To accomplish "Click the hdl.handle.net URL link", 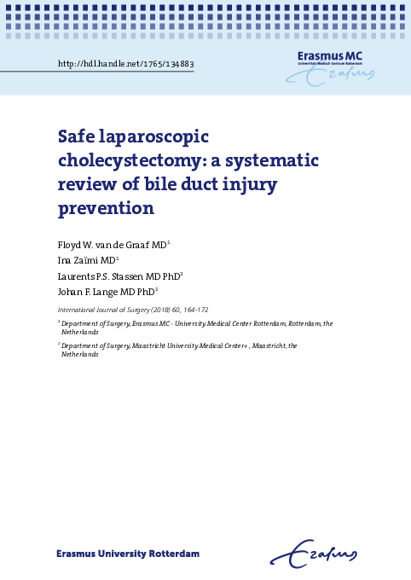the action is pos(125,64).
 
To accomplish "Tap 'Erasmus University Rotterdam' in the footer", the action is pos(128,554).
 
